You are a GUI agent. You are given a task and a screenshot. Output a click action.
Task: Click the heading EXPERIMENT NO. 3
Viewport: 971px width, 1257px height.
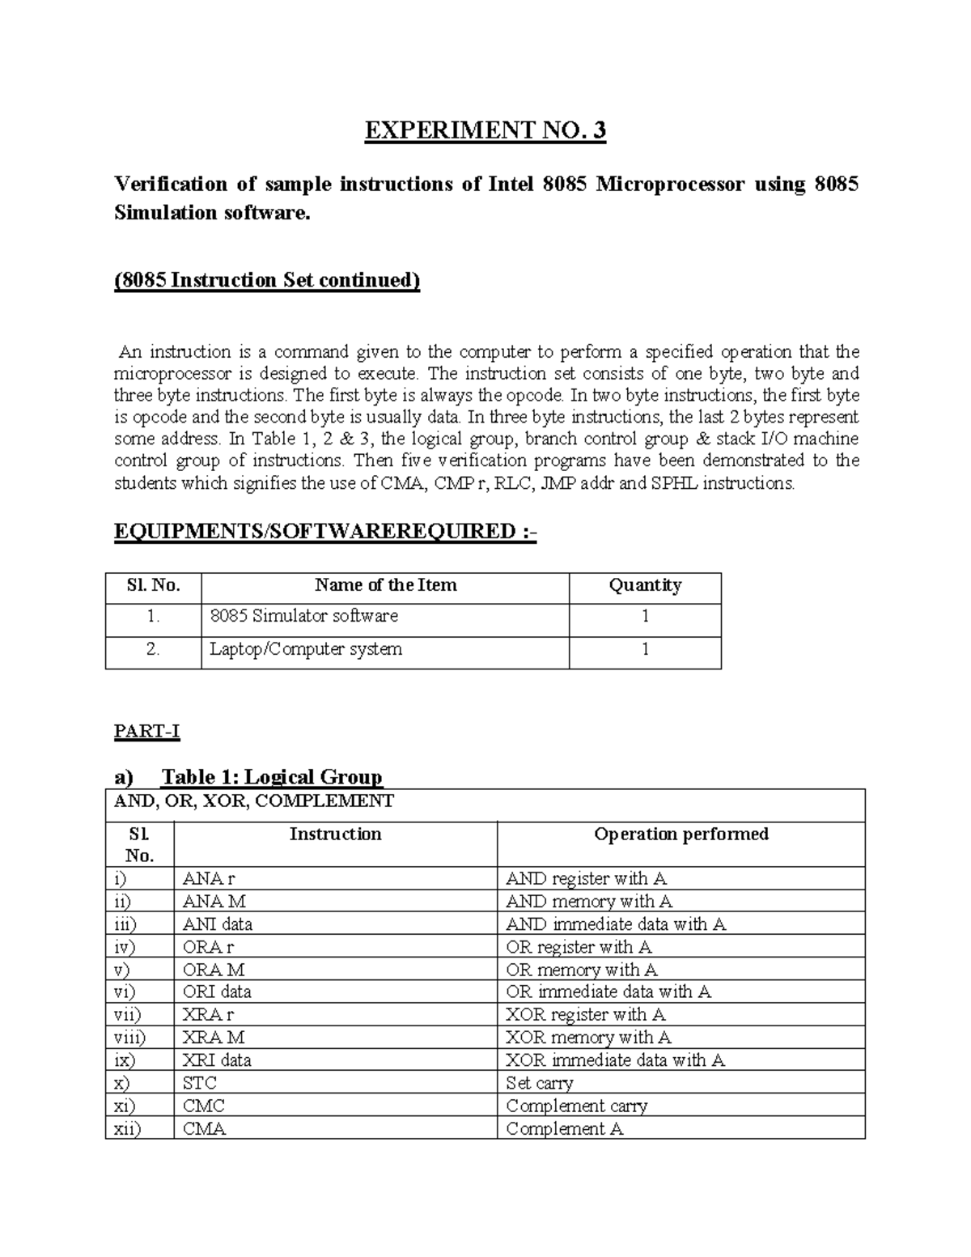[485, 130]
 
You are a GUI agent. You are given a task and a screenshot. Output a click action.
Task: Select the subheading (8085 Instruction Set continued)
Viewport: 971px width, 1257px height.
[267, 280]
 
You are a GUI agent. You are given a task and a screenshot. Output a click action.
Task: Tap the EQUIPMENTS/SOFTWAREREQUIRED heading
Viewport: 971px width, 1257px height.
[325, 531]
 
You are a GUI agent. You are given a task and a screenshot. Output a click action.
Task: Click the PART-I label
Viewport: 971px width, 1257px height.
[146, 732]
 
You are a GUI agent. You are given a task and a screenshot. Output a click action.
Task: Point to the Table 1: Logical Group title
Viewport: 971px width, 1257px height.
[271, 777]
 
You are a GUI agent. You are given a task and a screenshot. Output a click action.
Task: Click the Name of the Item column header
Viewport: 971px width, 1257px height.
[385, 585]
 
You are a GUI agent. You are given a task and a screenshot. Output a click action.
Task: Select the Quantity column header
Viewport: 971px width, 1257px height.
[644, 585]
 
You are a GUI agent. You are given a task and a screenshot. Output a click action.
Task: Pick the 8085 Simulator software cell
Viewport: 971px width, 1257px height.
[304, 616]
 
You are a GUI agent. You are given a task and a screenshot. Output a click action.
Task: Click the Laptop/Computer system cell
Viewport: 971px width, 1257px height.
[306, 649]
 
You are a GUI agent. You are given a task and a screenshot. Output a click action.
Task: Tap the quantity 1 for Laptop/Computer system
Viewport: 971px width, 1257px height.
[645, 649]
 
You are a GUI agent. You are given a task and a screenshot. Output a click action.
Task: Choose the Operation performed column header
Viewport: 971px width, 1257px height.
[681, 834]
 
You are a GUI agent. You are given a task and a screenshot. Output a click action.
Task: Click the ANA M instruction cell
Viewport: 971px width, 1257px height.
[214, 902]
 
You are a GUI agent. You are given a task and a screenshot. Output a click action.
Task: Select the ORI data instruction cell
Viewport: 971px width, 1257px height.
[217, 992]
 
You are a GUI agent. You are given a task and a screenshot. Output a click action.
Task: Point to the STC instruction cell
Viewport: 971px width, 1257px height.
[200, 1083]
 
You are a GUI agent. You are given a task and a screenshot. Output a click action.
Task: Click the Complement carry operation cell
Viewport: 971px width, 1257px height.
[576, 1106]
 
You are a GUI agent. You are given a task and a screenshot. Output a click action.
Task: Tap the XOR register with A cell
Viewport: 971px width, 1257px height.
[585, 1014]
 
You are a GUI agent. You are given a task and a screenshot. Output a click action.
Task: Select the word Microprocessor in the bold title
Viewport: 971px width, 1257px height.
[669, 185]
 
